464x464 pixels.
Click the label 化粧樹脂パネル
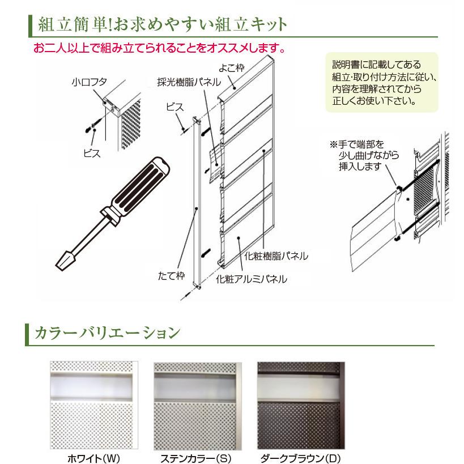tap(276, 256)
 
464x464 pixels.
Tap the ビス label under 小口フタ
tap(91, 154)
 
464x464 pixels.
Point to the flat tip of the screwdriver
tap(63, 261)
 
